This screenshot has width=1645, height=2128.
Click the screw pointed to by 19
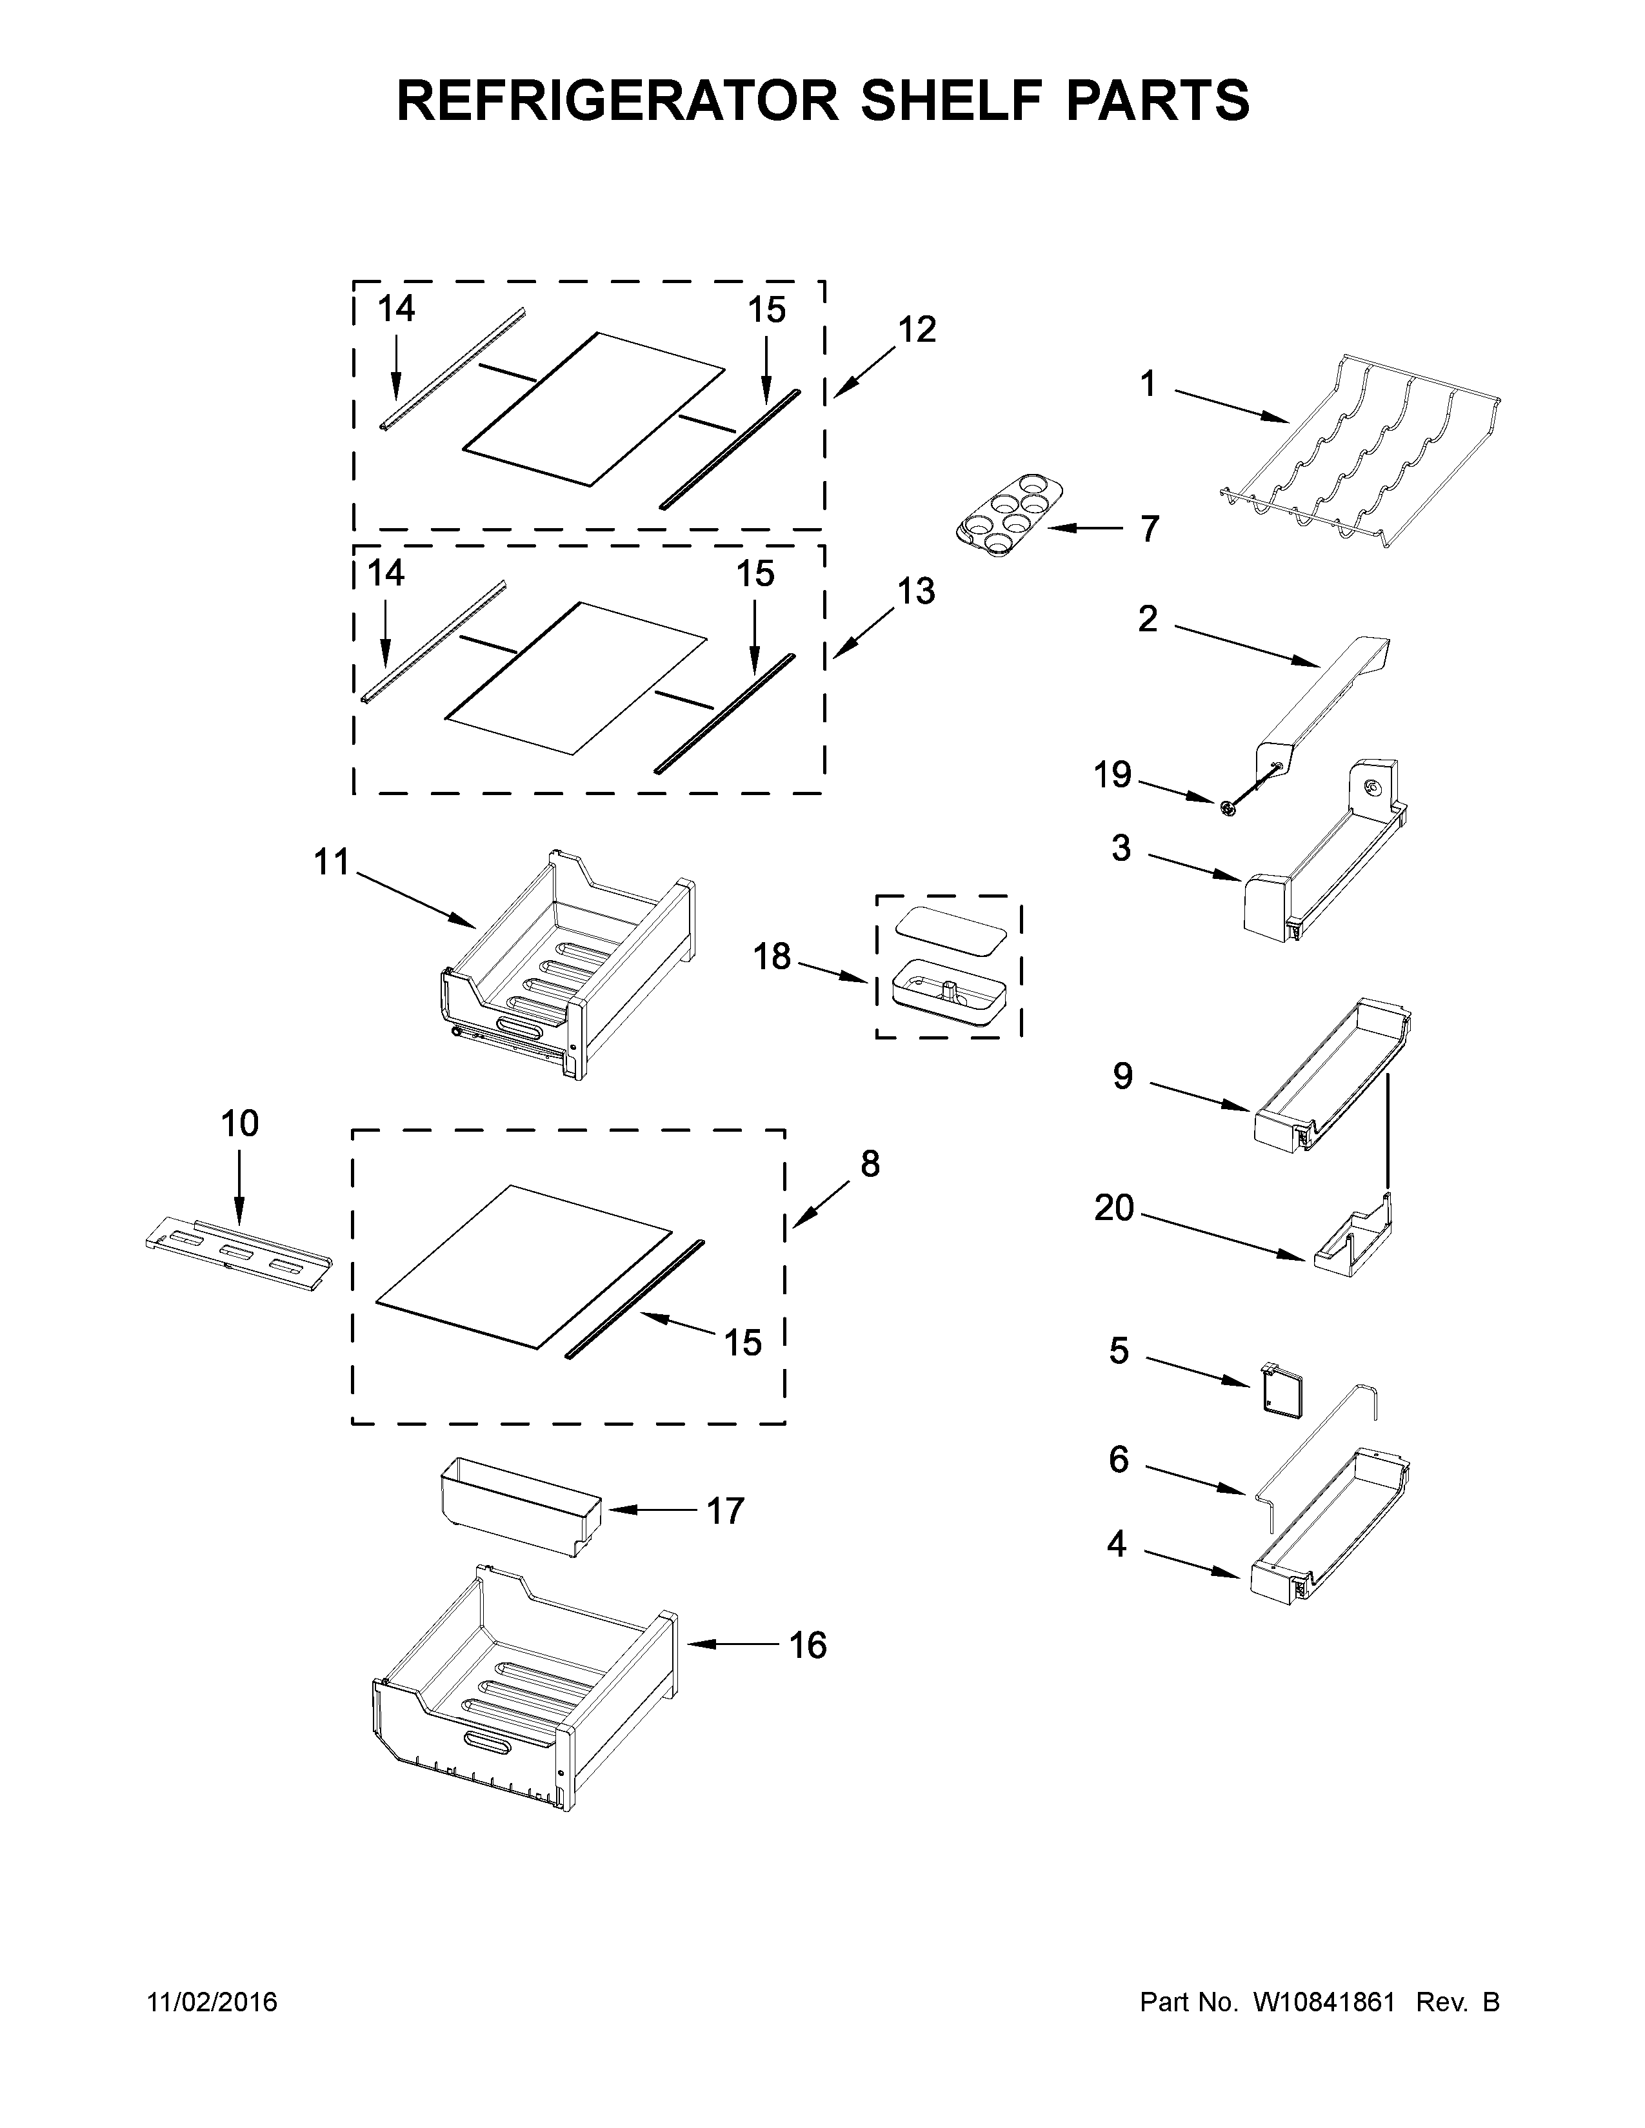(1228, 807)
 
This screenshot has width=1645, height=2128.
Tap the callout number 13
(916, 591)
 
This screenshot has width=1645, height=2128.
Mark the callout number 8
(870, 1163)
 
